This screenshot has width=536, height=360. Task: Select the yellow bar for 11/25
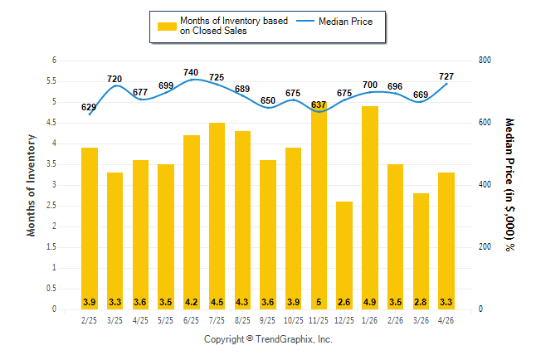point(319,206)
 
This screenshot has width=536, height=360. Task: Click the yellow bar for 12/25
point(344,255)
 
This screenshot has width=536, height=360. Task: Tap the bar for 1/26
point(370,208)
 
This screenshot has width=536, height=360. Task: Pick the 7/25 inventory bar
point(217,216)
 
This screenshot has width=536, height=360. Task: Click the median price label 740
point(191,72)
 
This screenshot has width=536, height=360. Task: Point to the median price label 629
point(89,107)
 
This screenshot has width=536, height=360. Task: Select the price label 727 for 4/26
point(446,76)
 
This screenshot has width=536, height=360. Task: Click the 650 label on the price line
point(268,100)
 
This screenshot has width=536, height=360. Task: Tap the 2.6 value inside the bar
point(344,302)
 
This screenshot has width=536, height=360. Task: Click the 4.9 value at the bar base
point(370,302)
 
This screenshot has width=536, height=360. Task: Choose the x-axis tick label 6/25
point(191,320)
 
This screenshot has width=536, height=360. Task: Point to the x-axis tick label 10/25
point(293,320)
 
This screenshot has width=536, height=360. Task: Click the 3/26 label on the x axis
point(421,320)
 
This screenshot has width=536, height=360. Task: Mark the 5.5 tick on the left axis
point(51,81)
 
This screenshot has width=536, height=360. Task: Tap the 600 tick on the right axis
point(485,123)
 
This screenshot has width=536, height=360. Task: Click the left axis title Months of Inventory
point(31,185)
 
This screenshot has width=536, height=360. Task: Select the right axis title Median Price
point(509,185)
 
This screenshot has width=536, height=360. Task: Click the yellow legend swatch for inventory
point(167,27)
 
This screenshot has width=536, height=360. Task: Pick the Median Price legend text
point(346,22)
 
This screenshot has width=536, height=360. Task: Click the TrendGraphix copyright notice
point(268,339)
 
